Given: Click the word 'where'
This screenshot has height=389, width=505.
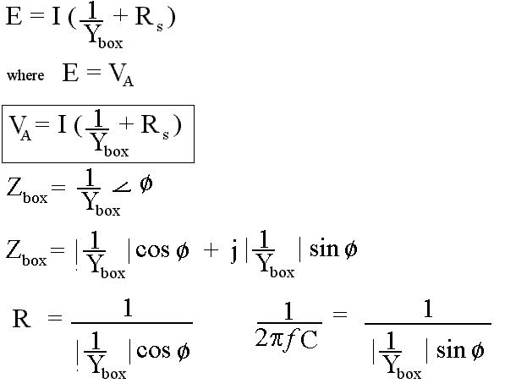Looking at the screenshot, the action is (25, 75).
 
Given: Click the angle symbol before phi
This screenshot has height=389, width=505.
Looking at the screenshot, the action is (122, 187).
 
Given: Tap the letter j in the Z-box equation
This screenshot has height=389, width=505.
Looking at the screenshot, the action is (234, 252).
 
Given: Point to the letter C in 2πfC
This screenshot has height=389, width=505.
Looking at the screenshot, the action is (309, 339).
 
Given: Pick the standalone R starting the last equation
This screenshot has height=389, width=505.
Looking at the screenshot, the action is (22, 318).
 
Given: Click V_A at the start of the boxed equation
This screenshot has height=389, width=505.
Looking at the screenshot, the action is (20, 129).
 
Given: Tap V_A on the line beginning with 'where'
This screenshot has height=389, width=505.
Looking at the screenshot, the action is (121, 75).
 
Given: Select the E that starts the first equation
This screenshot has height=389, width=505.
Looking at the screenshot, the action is (14, 16).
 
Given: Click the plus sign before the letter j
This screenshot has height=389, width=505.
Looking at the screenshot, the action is (211, 250).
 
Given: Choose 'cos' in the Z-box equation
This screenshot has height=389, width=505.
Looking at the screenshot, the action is (152, 249).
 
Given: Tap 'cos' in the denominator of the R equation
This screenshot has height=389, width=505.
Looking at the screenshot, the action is (153, 350).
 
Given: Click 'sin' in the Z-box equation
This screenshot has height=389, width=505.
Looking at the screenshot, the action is (324, 249).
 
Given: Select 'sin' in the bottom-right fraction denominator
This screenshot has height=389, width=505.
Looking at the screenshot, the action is (451, 349).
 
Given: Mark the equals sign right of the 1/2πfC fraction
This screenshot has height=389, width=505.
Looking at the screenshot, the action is (340, 314).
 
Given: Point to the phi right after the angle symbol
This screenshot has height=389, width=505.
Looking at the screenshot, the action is (146, 184).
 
